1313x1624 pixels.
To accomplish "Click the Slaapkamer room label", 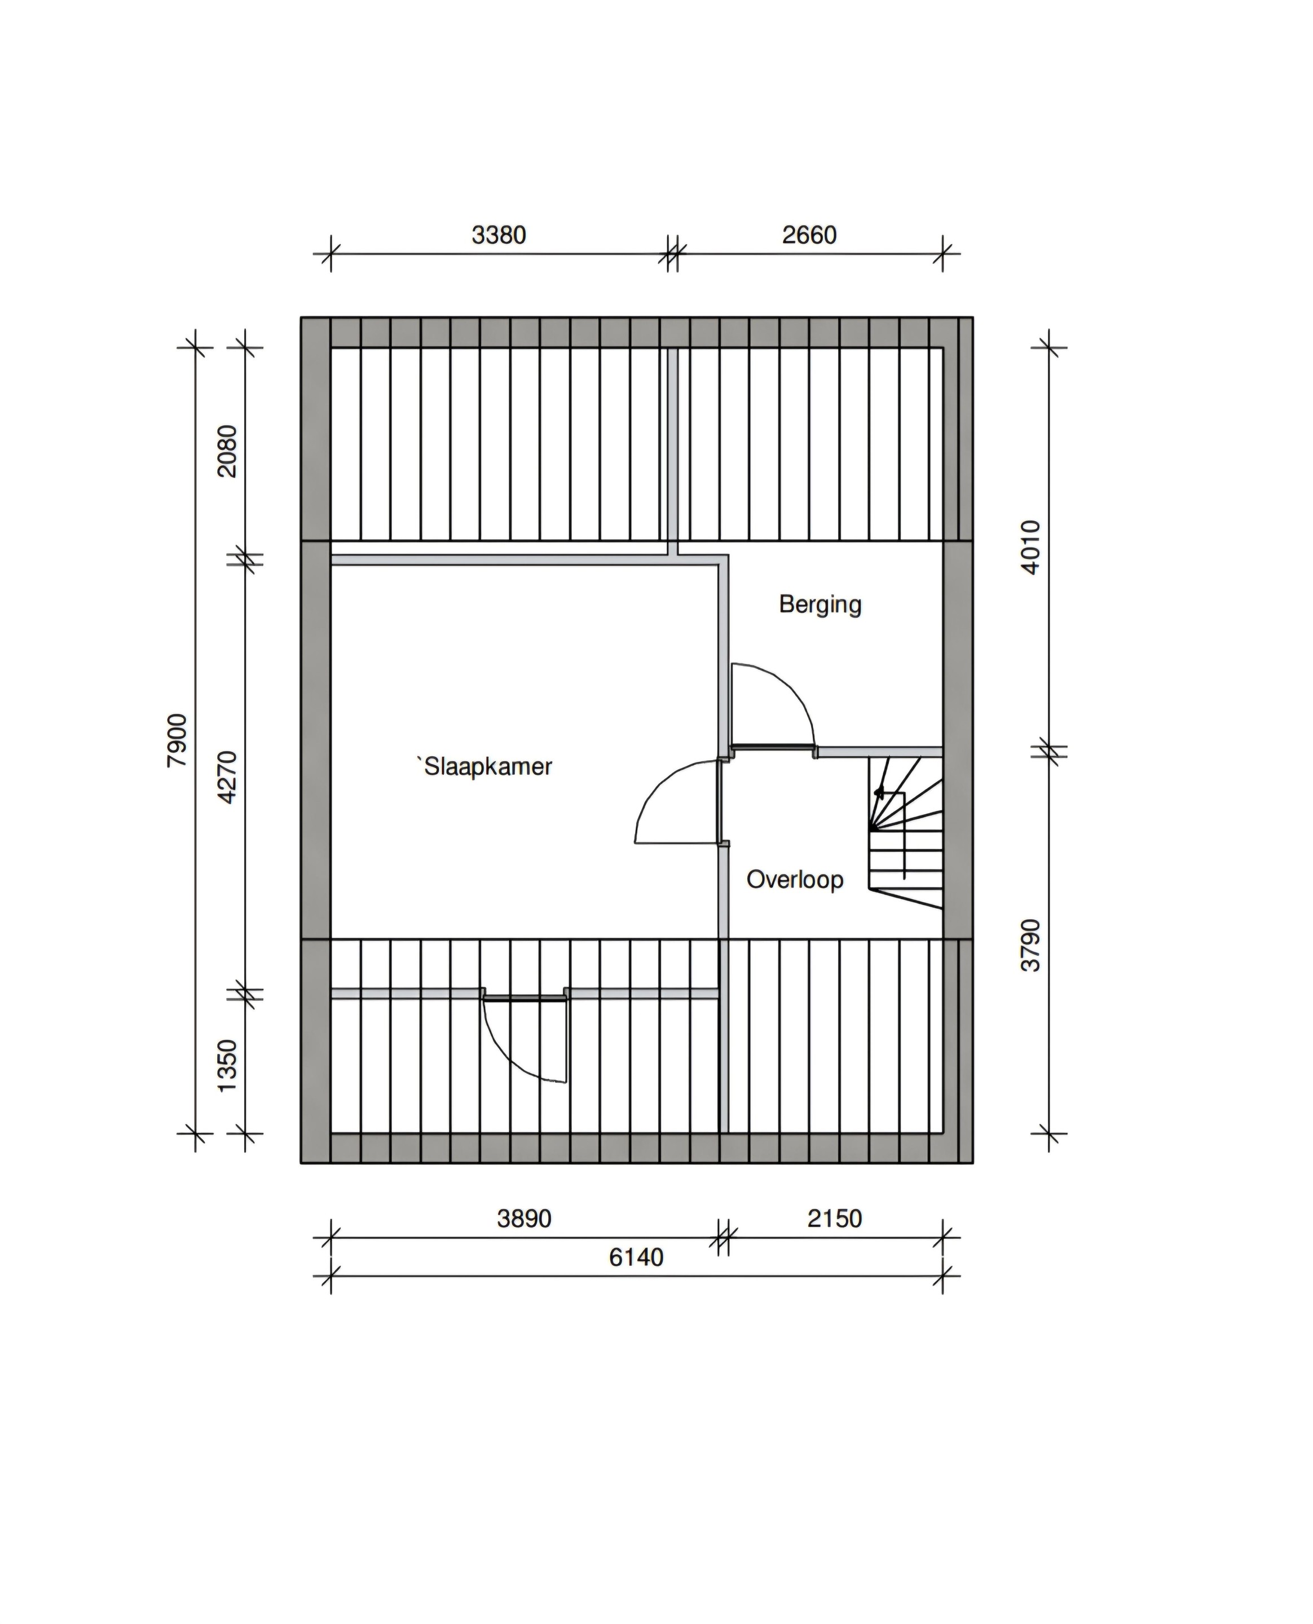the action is pyautogui.click(x=488, y=767).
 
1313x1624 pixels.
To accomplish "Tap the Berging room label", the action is pyautogui.click(x=821, y=605).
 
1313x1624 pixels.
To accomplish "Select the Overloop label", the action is pyautogui.click(x=795, y=879).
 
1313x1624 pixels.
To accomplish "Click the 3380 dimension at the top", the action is pyautogui.click(x=499, y=235).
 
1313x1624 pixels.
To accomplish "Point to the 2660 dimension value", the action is pyautogui.click(x=809, y=235).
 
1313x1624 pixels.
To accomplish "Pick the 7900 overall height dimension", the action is pyautogui.click(x=177, y=740).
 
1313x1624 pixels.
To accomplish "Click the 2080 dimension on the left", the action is pyautogui.click(x=227, y=451).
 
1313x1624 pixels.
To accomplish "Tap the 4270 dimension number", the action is pyautogui.click(x=227, y=776).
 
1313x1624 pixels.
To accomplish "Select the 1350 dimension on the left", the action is pyautogui.click(x=227, y=1066).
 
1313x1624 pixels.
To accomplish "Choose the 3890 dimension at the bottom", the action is pyautogui.click(x=524, y=1218).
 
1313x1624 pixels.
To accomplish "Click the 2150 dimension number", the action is pyautogui.click(x=835, y=1218).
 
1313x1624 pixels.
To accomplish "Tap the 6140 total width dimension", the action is pyautogui.click(x=636, y=1257).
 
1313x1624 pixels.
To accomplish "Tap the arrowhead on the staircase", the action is pyautogui.click(x=878, y=792).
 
